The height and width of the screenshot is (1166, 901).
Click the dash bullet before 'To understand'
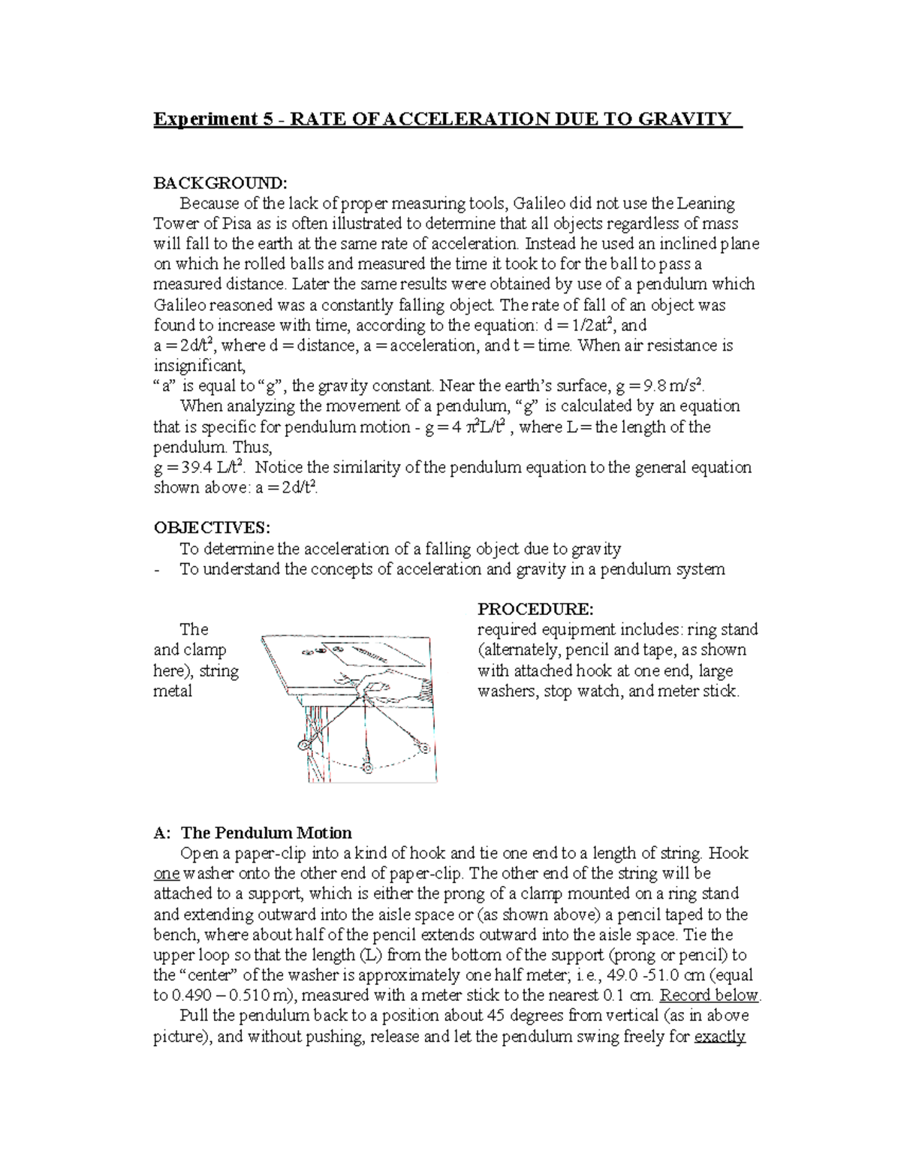[x=156, y=570]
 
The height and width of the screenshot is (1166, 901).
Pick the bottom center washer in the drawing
[x=367, y=767]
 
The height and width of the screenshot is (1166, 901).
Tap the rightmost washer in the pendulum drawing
[x=423, y=748]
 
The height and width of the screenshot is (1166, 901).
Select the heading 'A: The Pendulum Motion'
[x=252, y=833]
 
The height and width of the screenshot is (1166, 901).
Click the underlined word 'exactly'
[x=720, y=1038]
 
